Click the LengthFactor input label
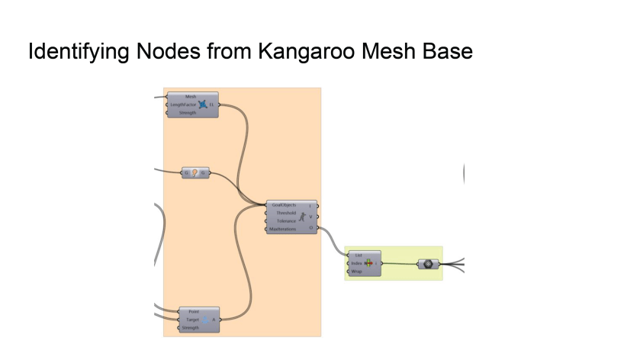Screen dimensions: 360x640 tap(183, 104)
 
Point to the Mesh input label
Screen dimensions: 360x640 tap(191, 97)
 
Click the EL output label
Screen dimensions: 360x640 tap(211, 104)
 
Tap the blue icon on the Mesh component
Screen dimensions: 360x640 tap(202, 104)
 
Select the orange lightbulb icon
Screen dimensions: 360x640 tap(195, 173)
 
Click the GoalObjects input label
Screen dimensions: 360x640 tap(284, 205)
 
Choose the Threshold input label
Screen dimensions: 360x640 tap(287, 213)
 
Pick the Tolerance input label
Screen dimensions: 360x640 tap(287, 220)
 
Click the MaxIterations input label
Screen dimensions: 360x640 tap(283, 228)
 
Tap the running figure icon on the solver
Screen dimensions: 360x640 tap(302, 217)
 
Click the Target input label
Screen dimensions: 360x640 tap(192, 320)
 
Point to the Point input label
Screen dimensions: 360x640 tap(194, 312)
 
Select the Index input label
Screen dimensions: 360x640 tap(356, 263)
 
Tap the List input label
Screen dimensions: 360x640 tap(359, 256)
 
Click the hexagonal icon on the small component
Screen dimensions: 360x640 tap(429, 264)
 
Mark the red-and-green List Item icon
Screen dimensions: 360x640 tap(368, 263)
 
